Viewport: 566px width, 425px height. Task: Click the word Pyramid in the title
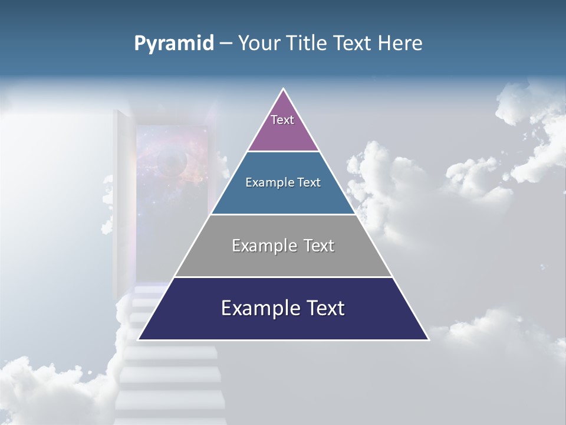(173, 44)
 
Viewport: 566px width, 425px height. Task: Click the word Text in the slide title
(353, 44)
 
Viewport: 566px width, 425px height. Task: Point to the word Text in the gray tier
(319, 246)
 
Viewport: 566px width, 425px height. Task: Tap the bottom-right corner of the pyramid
(428, 339)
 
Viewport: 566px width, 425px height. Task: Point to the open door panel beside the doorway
(121, 201)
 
